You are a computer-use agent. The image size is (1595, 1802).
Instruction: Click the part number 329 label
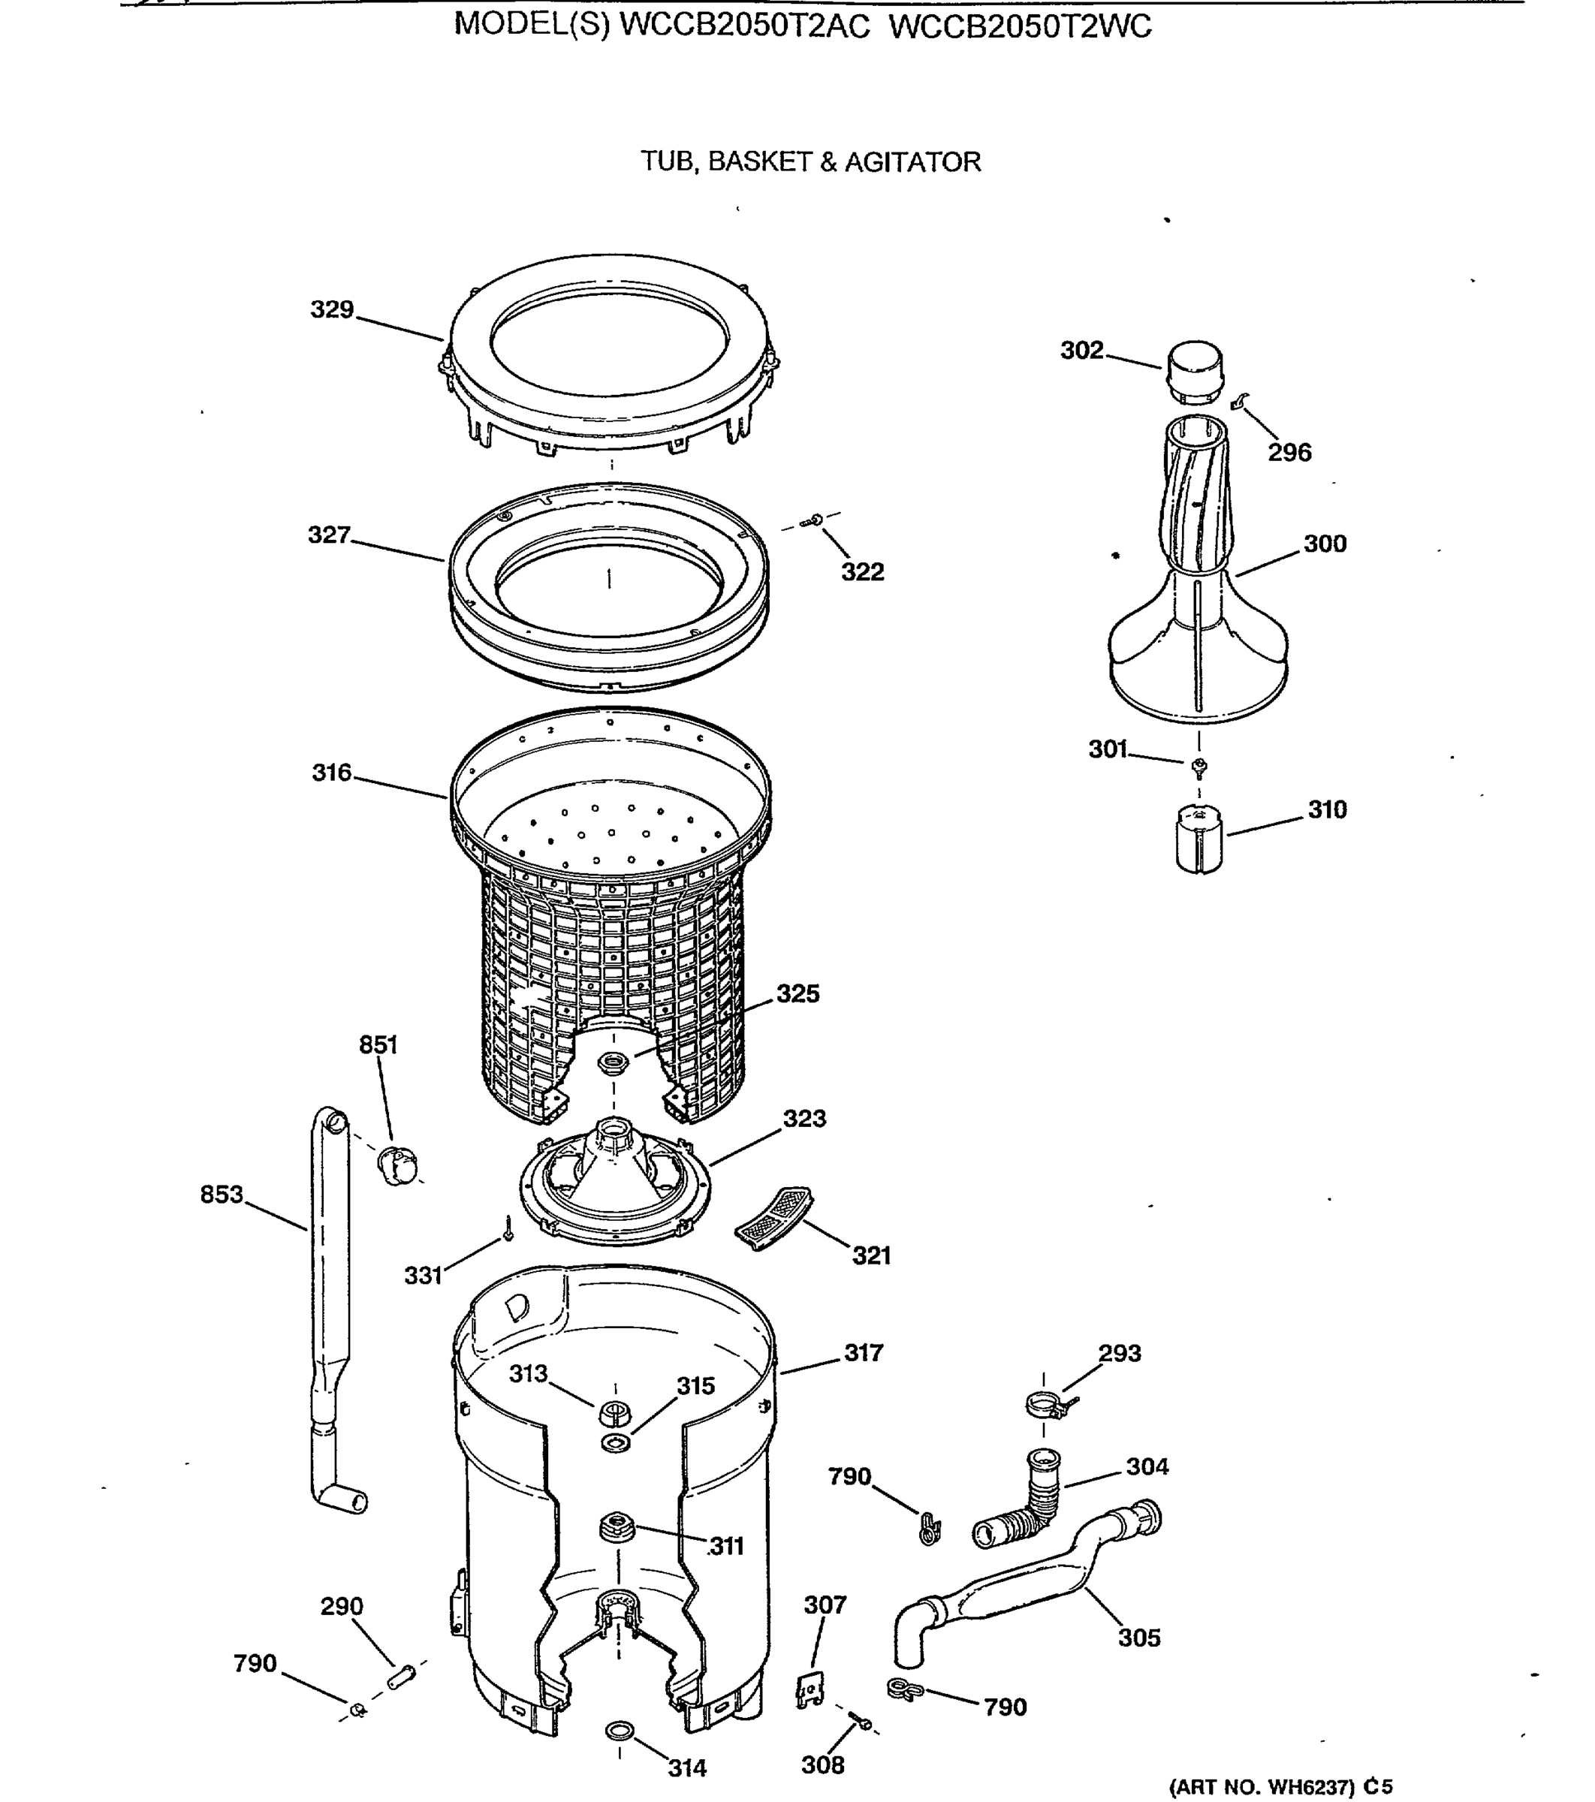click(331, 309)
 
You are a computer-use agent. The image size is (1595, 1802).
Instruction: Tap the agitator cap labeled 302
click(1195, 371)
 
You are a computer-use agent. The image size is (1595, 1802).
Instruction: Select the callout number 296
click(1289, 452)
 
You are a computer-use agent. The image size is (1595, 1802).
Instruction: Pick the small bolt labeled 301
click(1199, 767)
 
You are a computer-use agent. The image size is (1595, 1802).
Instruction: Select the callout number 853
click(221, 1194)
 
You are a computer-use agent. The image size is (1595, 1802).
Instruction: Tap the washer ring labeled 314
click(619, 1731)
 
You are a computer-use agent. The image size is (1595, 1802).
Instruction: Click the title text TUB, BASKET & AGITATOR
click(810, 162)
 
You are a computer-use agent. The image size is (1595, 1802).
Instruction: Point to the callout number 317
click(863, 1352)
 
